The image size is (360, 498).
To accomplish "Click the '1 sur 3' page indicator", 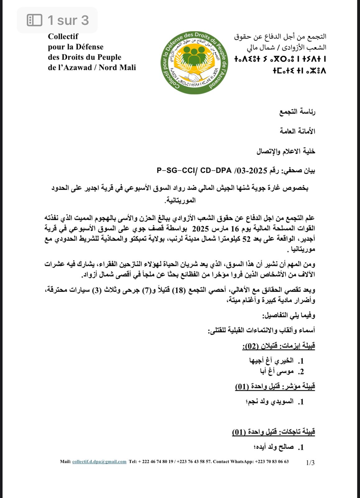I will [x=68, y=21].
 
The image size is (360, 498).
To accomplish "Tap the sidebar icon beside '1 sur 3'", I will [x=35, y=21].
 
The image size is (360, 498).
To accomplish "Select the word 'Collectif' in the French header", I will [x=63, y=36].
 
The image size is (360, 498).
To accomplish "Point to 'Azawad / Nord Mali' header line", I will [x=92, y=68].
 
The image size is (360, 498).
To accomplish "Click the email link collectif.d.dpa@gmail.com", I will [x=99, y=462].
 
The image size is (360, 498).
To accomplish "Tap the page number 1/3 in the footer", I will [x=310, y=463].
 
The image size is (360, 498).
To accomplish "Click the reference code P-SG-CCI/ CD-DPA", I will [x=194, y=171].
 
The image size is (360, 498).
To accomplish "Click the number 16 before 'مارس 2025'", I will [x=235, y=229].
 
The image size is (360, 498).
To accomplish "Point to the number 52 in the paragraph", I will [x=246, y=239].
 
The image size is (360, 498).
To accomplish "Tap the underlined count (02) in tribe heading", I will [x=251, y=346].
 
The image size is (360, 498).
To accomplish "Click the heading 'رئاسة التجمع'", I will [x=297, y=112].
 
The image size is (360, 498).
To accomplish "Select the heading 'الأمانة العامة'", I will [x=297, y=131].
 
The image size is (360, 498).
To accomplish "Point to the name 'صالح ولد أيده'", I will [x=274, y=447].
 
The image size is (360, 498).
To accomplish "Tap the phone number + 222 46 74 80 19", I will [x=156, y=462].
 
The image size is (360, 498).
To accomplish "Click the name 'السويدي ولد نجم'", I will [x=270, y=402].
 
